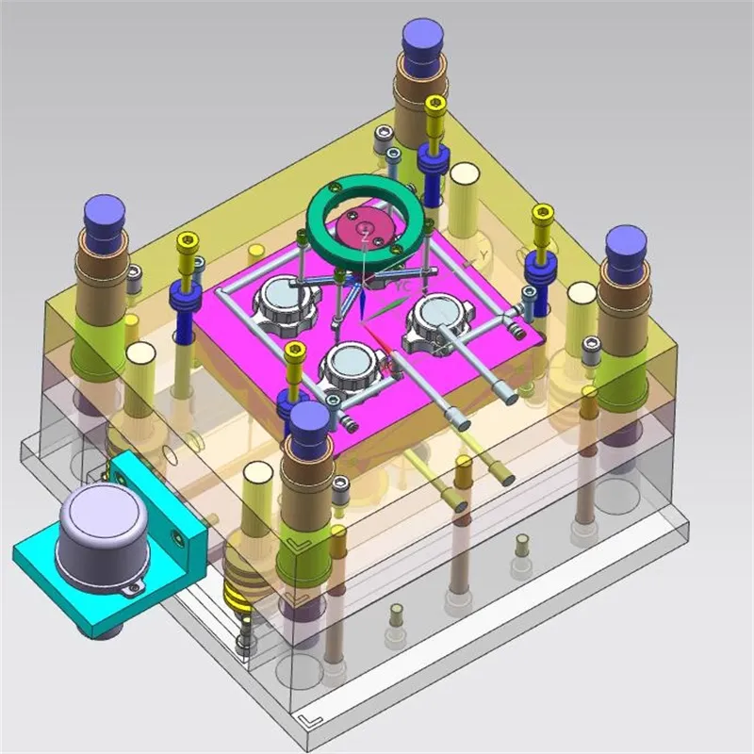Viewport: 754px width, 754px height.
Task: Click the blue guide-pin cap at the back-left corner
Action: tap(106, 218)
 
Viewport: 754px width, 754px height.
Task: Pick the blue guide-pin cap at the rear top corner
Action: tap(423, 42)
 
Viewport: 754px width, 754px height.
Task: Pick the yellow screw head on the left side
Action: tap(188, 244)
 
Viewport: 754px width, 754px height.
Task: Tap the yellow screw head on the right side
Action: tap(544, 214)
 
